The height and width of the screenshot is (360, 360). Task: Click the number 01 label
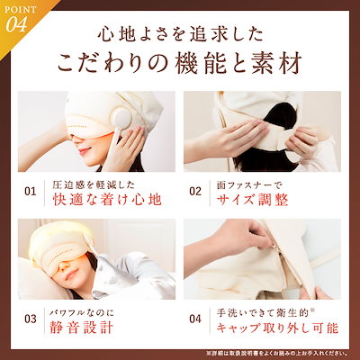click(x=30, y=192)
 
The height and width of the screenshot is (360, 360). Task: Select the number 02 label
click(x=196, y=192)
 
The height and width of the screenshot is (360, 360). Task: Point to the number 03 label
click(x=30, y=318)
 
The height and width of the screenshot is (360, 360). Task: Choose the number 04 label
click(x=196, y=318)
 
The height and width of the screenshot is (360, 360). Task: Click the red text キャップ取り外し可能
click(x=279, y=327)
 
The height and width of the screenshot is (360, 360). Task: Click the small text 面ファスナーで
click(x=247, y=184)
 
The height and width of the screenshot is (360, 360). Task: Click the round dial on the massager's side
click(x=122, y=142)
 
